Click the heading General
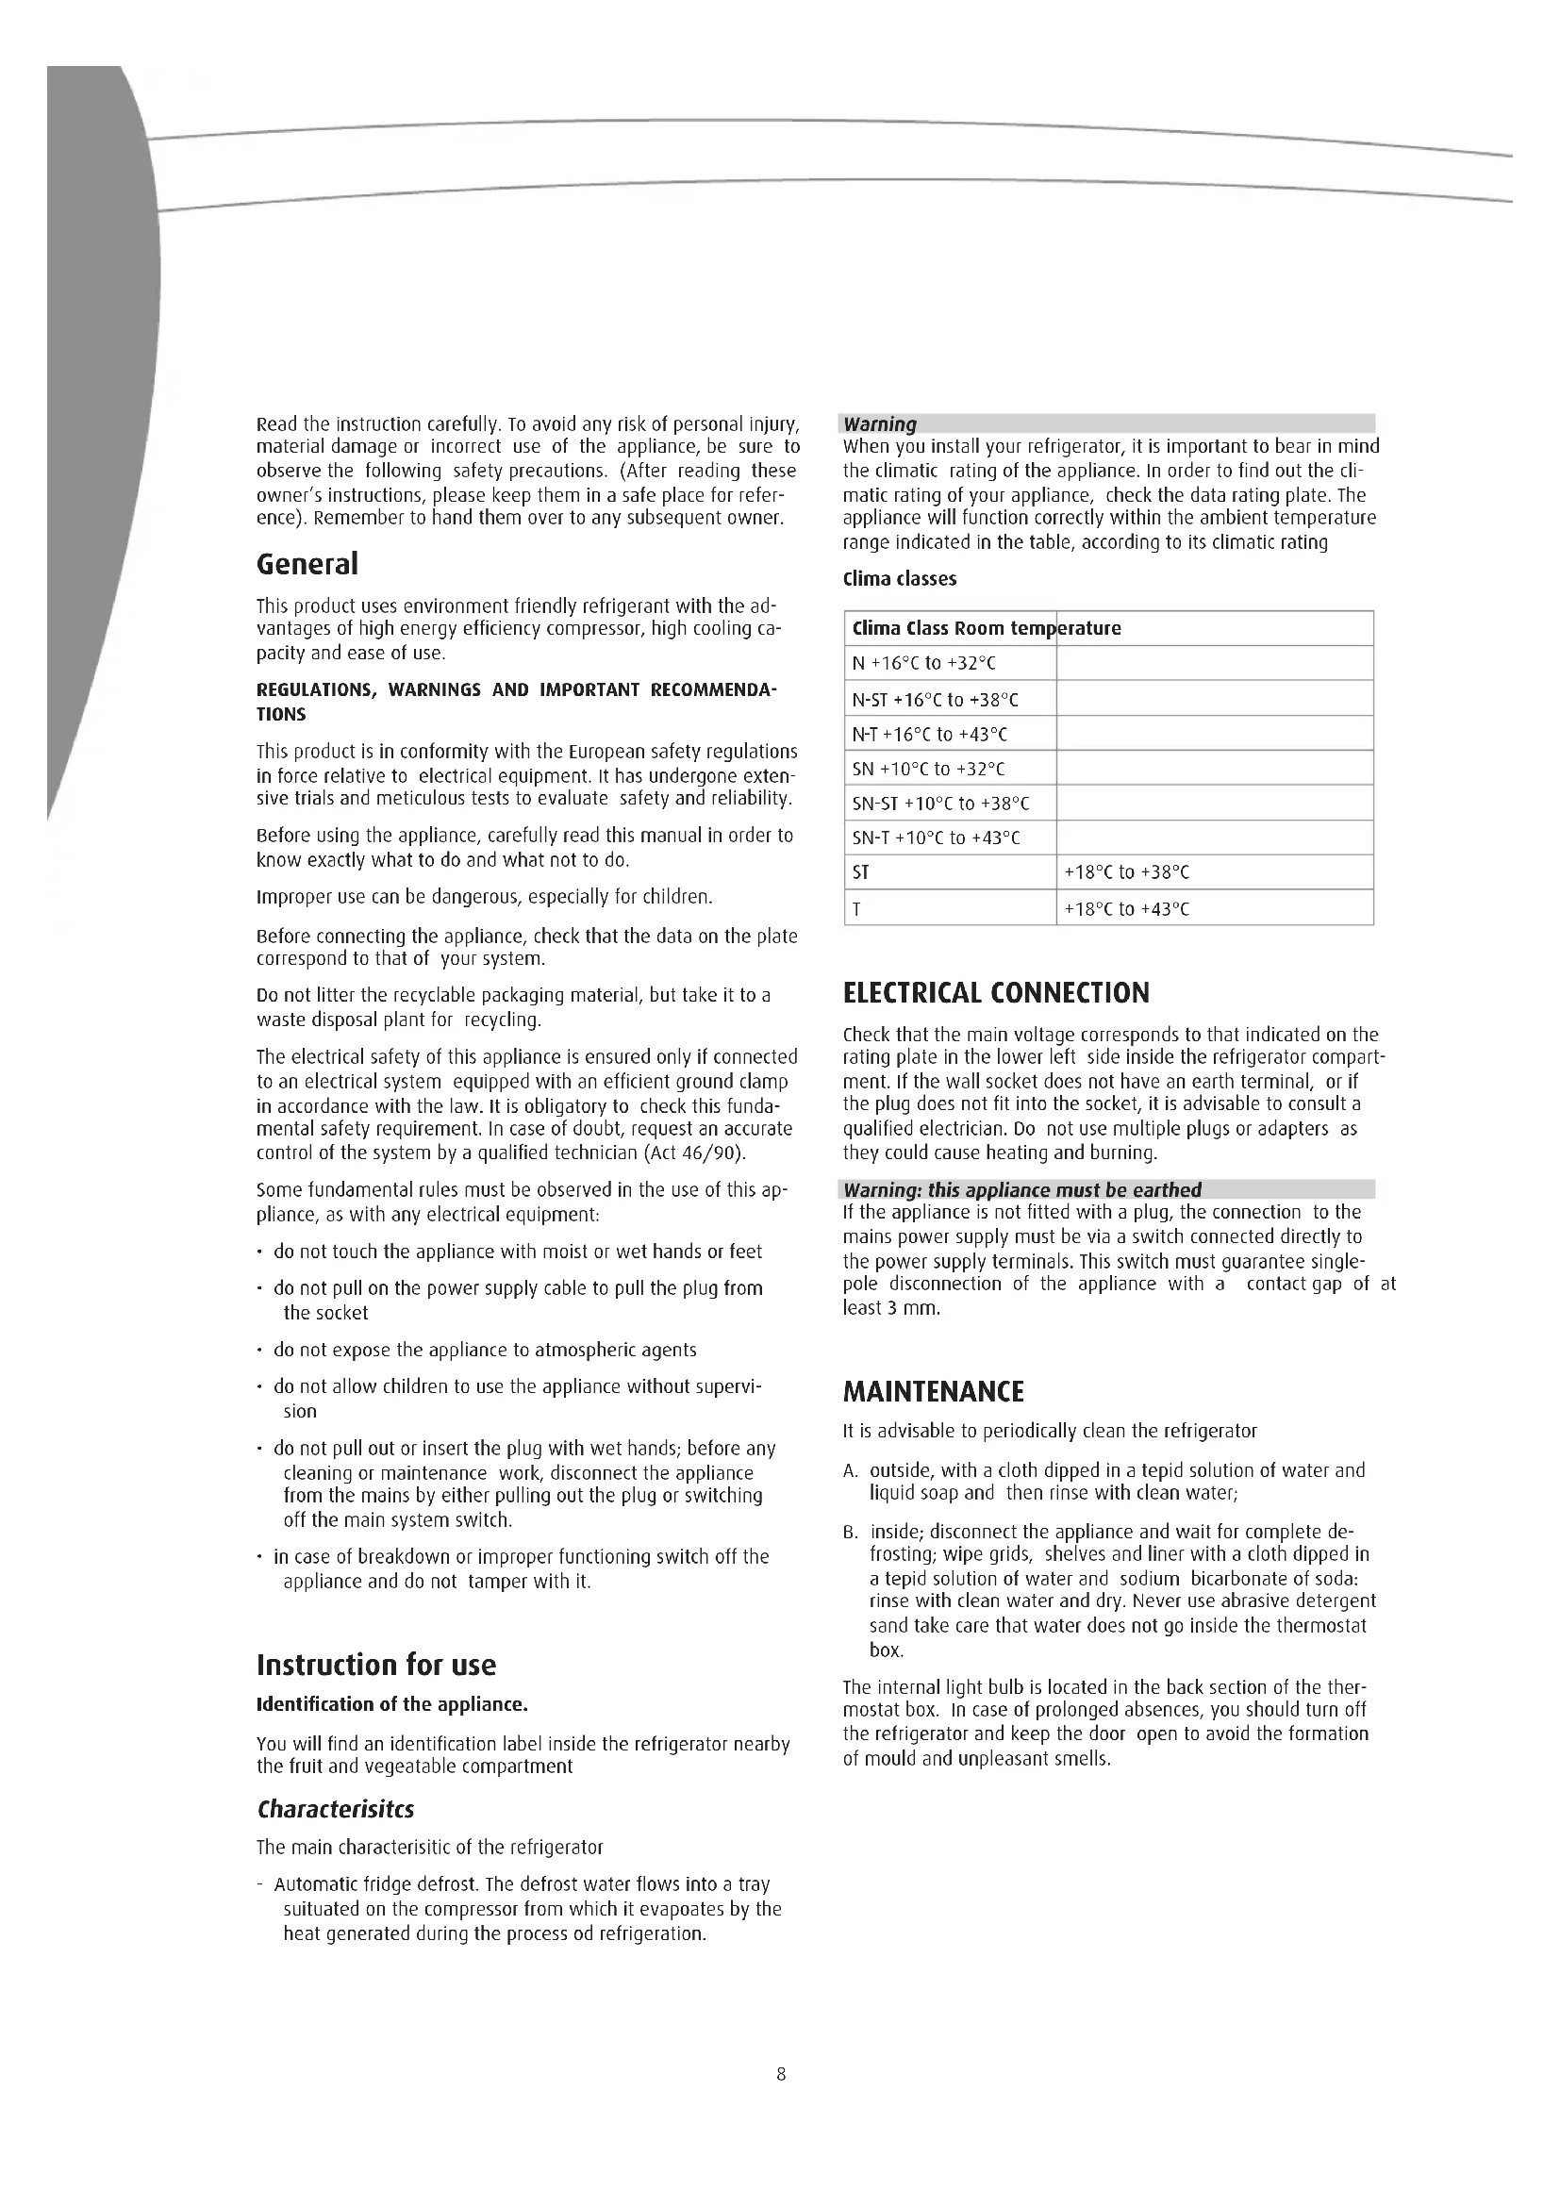(307, 564)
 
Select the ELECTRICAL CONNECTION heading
(995, 992)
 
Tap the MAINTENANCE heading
(933, 1391)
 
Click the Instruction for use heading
(375, 1664)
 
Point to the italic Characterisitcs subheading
(334, 1809)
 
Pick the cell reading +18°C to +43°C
(1127, 909)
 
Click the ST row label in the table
(861, 873)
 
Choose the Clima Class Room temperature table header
(987, 628)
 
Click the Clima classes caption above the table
(899, 579)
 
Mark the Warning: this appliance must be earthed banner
(1022, 1189)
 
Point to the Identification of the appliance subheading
(392, 1704)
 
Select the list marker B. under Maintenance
(850, 1533)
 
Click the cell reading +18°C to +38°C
(1127, 873)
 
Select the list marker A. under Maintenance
(850, 1471)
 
